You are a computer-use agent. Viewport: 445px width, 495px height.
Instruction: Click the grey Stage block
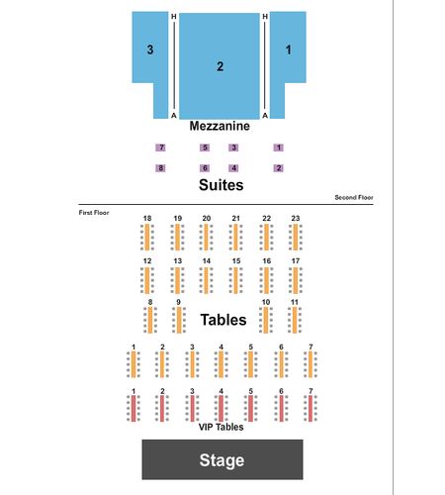tap(222, 459)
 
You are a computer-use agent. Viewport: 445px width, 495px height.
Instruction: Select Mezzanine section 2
tap(220, 66)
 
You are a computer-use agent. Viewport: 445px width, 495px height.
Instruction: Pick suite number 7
tap(161, 148)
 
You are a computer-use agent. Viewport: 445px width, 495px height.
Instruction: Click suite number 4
tap(233, 168)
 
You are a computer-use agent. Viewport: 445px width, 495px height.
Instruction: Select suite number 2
tap(279, 168)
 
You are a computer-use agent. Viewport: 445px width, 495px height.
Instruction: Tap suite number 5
tap(205, 148)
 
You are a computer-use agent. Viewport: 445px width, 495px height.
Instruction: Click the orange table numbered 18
tap(147, 238)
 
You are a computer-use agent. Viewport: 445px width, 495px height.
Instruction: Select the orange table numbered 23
tap(296, 238)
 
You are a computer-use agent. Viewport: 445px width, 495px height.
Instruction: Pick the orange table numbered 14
tap(206, 280)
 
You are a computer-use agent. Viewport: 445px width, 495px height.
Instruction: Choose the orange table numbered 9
tap(179, 320)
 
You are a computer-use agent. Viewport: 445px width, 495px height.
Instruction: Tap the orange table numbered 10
tap(266, 320)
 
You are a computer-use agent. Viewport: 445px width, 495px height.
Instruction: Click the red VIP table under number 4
tap(221, 409)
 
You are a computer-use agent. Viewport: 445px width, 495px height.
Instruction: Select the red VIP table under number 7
tap(311, 409)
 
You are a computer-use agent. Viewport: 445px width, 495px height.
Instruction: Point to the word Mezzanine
tap(220, 126)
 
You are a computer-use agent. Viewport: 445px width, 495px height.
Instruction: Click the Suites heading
tap(222, 185)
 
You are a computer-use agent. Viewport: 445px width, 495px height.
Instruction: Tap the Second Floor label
tap(354, 197)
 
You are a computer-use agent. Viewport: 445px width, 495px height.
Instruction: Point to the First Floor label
tap(94, 213)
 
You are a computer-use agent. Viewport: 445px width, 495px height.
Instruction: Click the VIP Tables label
tap(221, 427)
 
